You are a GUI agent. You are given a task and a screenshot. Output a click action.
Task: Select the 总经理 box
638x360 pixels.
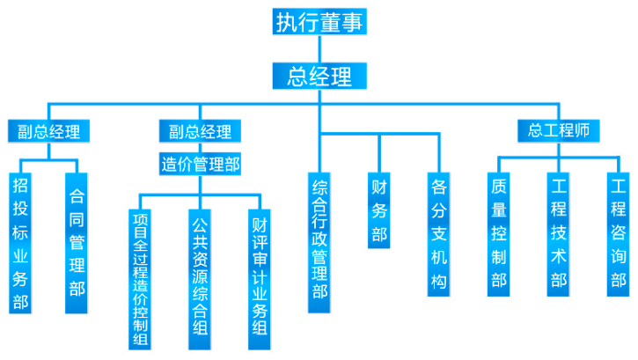click(318, 75)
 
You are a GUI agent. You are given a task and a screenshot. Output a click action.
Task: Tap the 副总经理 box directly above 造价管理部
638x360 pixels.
click(200, 133)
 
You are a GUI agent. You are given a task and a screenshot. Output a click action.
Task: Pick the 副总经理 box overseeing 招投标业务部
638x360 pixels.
click(48, 133)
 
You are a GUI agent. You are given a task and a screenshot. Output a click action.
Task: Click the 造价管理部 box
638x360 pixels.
click(200, 164)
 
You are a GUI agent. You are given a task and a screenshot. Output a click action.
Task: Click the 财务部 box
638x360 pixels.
click(380, 210)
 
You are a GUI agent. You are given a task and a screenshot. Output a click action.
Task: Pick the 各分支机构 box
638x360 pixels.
click(439, 233)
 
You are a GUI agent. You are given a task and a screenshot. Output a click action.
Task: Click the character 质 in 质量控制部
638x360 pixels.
click(499, 187)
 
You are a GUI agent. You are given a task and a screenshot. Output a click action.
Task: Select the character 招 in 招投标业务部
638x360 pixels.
click(19, 186)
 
